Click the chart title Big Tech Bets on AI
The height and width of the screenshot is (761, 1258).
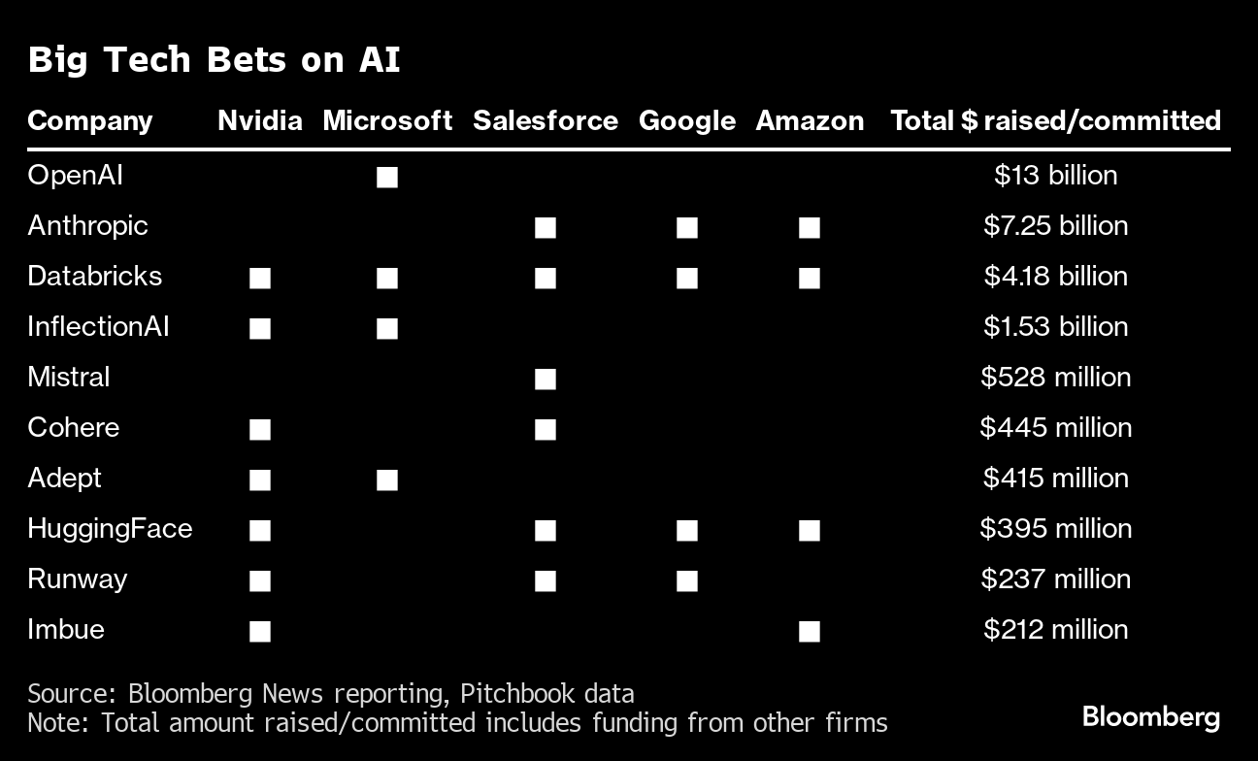pos(214,60)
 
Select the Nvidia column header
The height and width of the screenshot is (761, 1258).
pos(259,120)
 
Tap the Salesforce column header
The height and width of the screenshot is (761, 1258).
pos(545,120)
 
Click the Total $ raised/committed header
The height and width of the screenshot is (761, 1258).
pos(1055,120)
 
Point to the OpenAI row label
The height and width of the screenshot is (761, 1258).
pos(75,176)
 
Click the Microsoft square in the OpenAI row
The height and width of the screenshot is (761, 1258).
pos(387,177)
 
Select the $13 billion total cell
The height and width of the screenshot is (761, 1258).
pos(1055,176)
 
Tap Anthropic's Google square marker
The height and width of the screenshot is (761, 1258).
pos(687,227)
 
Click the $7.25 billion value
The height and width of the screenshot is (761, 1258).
pos(1055,226)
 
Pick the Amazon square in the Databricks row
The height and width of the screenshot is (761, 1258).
pos(810,278)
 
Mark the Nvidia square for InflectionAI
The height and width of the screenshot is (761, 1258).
pos(259,328)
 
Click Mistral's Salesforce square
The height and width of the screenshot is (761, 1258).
pos(546,379)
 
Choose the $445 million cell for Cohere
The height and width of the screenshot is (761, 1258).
pos(1055,428)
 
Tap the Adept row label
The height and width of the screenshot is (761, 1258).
pos(64,479)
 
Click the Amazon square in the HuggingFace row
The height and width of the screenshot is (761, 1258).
pos(810,530)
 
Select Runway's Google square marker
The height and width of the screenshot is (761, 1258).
pos(687,580)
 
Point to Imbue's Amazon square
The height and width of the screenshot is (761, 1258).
pos(810,631)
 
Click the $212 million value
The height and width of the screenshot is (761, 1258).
pos(1055,630)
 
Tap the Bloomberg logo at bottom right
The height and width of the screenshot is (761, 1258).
pos(1150,718)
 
